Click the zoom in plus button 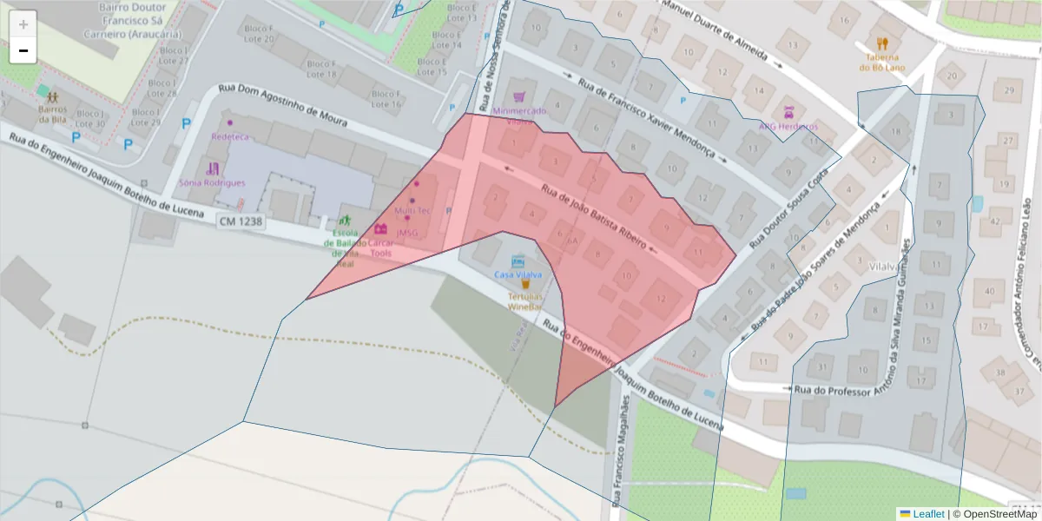pos(23,24)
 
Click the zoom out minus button pos(23,51)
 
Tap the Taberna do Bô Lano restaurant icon pos(883,43)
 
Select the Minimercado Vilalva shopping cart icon pos(519,98)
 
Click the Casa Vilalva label pos(518,274)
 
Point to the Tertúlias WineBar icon pos(524,284)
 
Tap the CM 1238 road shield pos(241,222)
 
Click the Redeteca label pos(230,137)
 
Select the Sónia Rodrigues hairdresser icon pos(213,168)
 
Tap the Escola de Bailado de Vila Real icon pos(346,221)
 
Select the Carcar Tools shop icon pos(380,229)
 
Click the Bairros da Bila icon pos(52,97)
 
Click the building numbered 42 pos(995,221)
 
